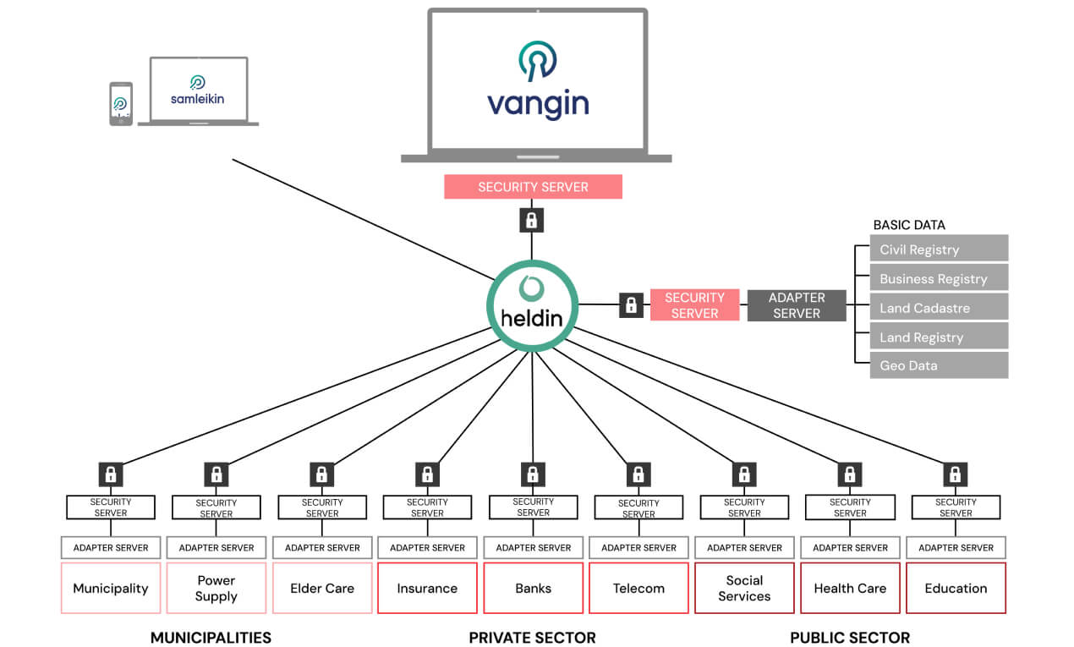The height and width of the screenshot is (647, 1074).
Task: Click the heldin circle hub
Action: coord(532,305)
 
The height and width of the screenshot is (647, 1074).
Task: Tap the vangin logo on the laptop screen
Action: coord(538,80)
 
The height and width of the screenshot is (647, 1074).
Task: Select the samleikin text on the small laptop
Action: coord(198,99)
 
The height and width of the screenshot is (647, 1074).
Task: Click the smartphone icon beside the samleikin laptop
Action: coord(121,103)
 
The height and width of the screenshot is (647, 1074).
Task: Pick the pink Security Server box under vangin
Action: coord(533,187)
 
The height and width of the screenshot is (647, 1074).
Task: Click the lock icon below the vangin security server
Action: coord(532,220)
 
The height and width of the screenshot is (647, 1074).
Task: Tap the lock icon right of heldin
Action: coord(631,305)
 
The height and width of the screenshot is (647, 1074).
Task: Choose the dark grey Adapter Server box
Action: coord(797,305)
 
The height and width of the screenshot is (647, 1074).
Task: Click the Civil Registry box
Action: coord(939,249)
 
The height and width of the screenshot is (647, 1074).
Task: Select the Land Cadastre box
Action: coord(939,307)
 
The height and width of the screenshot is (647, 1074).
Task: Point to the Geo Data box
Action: coord(939,365)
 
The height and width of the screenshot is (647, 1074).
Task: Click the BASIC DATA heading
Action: coord(909,225)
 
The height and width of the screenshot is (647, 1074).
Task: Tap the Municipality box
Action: coord(111,588)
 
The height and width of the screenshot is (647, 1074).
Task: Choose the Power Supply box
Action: coord(216,588)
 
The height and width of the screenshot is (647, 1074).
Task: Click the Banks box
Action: coord(533,588)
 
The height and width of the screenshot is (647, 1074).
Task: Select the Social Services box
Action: coord(744,588)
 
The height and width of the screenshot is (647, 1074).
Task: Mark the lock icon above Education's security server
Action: coord(955,474)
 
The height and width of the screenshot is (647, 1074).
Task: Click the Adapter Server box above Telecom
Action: coord(638,547)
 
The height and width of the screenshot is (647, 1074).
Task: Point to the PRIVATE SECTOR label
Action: coord(532,638)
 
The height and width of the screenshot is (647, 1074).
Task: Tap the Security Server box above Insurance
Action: coord(427,507)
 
